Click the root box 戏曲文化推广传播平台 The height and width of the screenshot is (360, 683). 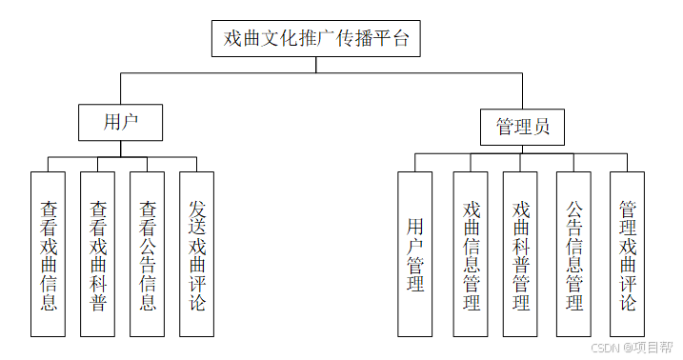(315, 39)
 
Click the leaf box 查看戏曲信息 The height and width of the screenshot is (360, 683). (49, 254)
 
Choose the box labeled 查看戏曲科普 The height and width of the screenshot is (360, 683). (98, 254)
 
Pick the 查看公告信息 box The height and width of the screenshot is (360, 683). (148, 254)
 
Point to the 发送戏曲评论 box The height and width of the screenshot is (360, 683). (197, 254)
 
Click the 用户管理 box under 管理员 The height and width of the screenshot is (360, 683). (415, 254)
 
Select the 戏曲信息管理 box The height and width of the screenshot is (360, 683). (471, 254)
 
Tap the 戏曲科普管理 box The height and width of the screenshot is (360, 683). (521, 254)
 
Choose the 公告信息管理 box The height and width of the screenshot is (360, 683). (573, 254)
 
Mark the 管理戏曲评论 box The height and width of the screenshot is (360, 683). (627, 254)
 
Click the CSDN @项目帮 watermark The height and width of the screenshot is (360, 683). (631, 349)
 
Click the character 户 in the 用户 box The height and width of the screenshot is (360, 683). (131, 122)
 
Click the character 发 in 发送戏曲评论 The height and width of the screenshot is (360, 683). (197, 208)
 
